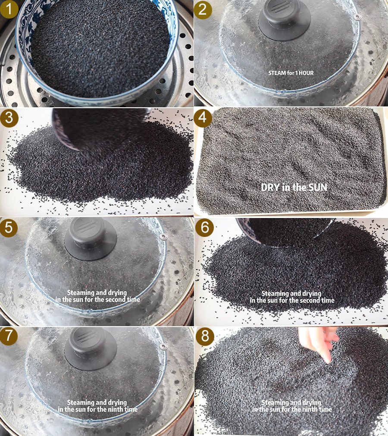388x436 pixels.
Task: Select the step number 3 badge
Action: [9, 118]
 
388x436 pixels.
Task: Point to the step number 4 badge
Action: [203, 118]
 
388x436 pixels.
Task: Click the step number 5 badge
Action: [9, 227]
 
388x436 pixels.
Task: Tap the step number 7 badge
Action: [9, 336]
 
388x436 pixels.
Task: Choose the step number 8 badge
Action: [205, 336]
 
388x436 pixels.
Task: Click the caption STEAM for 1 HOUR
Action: [291, 73]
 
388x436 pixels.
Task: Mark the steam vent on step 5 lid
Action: [163, 237]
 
